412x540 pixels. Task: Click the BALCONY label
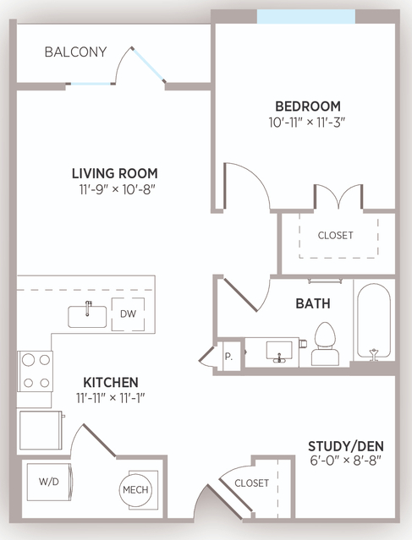tap(75, 52)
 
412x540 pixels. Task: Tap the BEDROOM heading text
tap(308, 106)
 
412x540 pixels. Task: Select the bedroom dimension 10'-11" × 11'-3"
tap(307, 123)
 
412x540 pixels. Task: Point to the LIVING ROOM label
tap(115, 173)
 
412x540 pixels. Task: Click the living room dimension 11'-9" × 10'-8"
tap(115, 189)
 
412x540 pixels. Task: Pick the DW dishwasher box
tap(128, 314)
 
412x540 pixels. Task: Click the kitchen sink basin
tap(87, 317)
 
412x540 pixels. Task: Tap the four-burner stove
tap(36, 371)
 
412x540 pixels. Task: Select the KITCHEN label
tap(111, 382)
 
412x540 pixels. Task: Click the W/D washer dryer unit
tap(50, 482)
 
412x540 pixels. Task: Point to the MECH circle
tap(135, 490)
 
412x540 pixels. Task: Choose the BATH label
tap(313, 303)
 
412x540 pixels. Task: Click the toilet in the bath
tap(325, 344)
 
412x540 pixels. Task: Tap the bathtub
tap(374, 322)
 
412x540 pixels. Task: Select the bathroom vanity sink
tap(279, 352)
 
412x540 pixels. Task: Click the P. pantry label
tap(228, 357)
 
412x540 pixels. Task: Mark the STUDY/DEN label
tap(346, 446)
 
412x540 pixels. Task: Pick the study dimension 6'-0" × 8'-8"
tap(346, 461)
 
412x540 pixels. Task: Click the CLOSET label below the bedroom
tap(336, 235)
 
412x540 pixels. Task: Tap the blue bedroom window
tap(306, 17)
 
